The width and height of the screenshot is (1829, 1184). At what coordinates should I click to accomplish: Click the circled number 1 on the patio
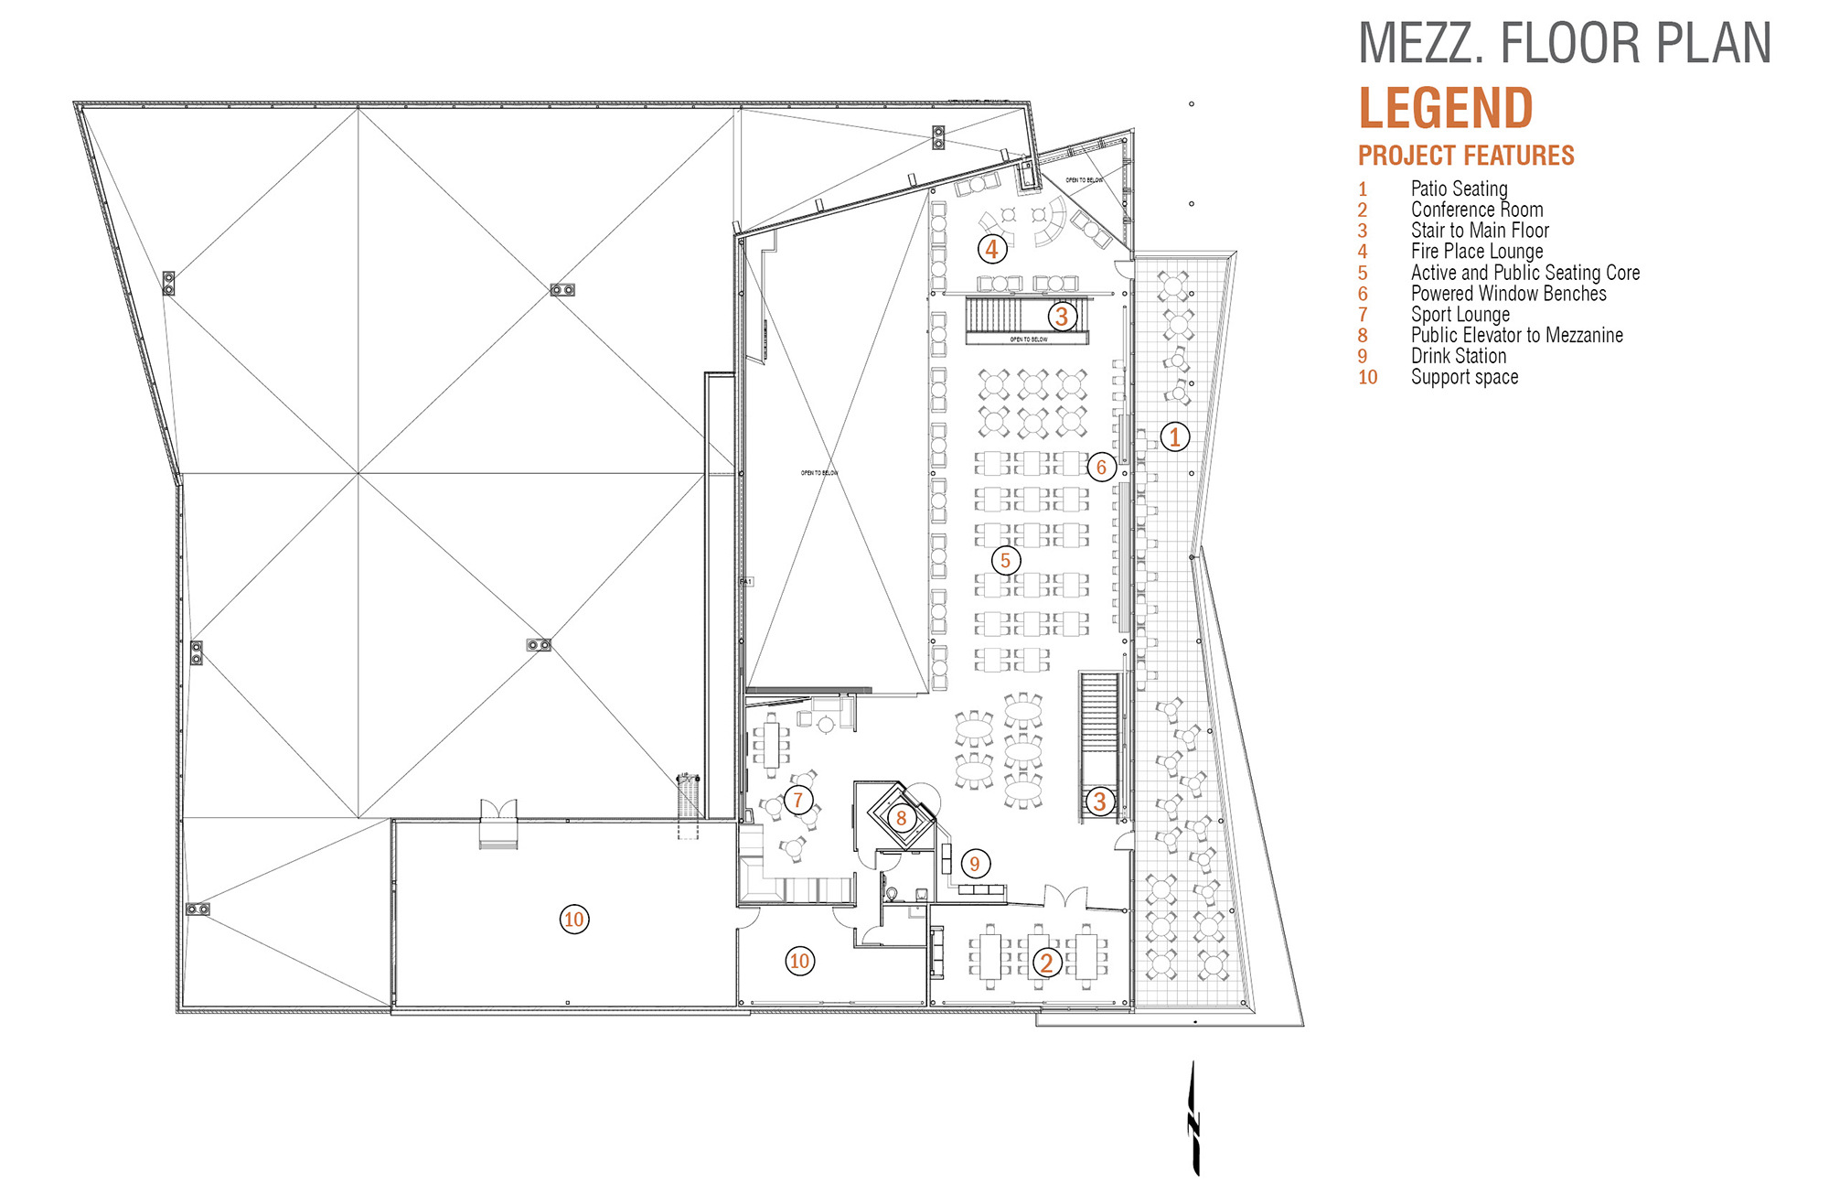(x=1175, y=436)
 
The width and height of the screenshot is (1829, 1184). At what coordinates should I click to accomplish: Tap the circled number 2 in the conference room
(x=1047, y=962)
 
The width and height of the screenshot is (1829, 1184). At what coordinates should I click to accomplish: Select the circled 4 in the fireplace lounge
(x=992, y=248)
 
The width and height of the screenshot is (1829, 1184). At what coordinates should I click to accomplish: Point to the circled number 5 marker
(x=1005, y=560)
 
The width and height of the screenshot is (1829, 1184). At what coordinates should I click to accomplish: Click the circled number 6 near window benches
(x=1101, y=467)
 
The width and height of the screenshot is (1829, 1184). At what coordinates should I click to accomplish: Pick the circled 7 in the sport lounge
(x=798, y=800)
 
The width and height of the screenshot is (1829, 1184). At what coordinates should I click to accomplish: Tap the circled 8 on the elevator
(x=901, y=818)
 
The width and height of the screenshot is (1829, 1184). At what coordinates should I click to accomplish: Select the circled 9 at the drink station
(x=975, y=863)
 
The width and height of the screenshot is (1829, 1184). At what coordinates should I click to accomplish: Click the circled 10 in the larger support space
(x=574, y=919)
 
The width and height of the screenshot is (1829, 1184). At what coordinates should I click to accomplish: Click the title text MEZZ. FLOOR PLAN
(x=1565, y=44)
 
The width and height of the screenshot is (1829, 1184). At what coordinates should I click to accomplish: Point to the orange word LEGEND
(x=1445, y=109)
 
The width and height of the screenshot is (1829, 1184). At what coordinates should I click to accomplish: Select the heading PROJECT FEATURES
(x=1466, y=156)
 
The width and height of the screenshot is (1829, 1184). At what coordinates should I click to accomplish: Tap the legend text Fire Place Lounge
(x=1477, y=251)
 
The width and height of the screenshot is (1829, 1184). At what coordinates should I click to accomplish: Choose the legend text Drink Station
(x=1459, y=356)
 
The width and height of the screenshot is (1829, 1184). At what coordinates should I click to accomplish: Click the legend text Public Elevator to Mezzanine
(x=1516, y=335)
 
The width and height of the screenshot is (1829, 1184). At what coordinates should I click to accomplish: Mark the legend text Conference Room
(x=1477, y=210)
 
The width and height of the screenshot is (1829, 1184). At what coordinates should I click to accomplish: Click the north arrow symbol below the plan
(x=1193, y=1119)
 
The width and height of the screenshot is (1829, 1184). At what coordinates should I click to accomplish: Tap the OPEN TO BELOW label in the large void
(x=819, y=473)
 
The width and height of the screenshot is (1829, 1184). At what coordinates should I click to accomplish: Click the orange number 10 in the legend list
(x=1367, y=377)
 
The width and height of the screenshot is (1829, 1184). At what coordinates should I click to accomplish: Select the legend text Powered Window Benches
(x=1508, y=293)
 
